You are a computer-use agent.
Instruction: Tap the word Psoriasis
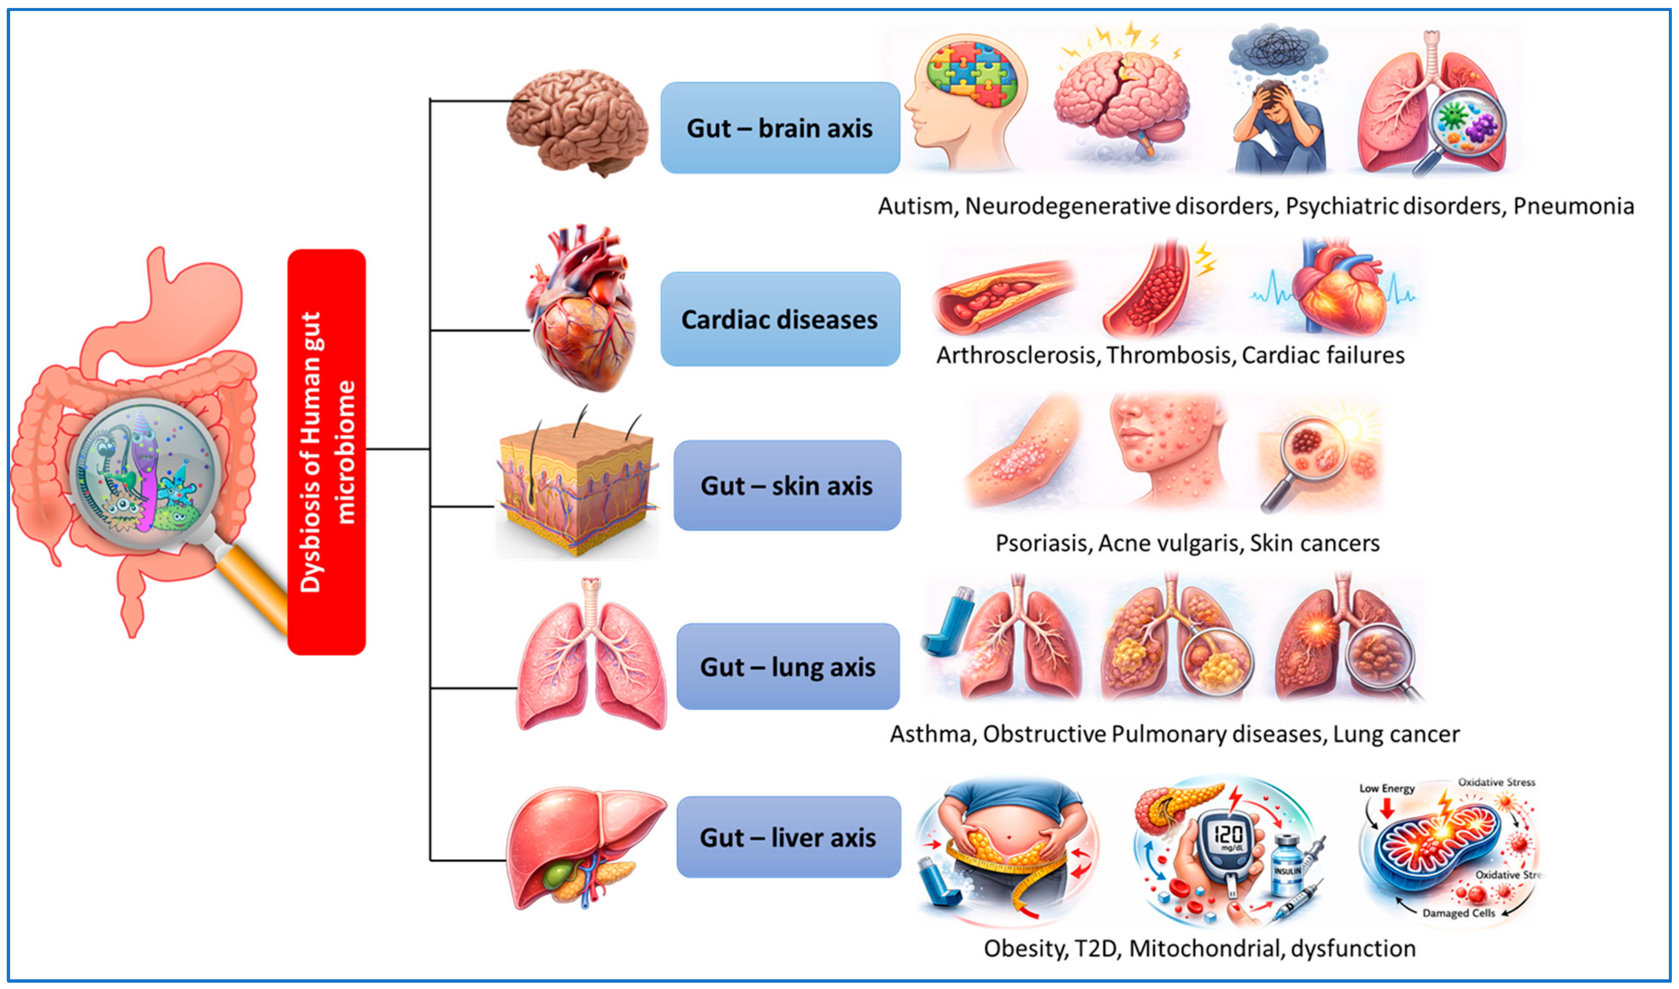pyautogui.click(x=1042, y=543)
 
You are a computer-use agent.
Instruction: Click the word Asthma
pyautogui.click(x=930, y=734)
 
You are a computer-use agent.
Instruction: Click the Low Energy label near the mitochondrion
pyautogui.click(x=1386, y=788)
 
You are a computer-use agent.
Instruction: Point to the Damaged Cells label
pyautogui.click(x=1459, y=913)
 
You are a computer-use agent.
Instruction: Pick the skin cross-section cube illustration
pyautogui.click(x=577, y=487)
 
